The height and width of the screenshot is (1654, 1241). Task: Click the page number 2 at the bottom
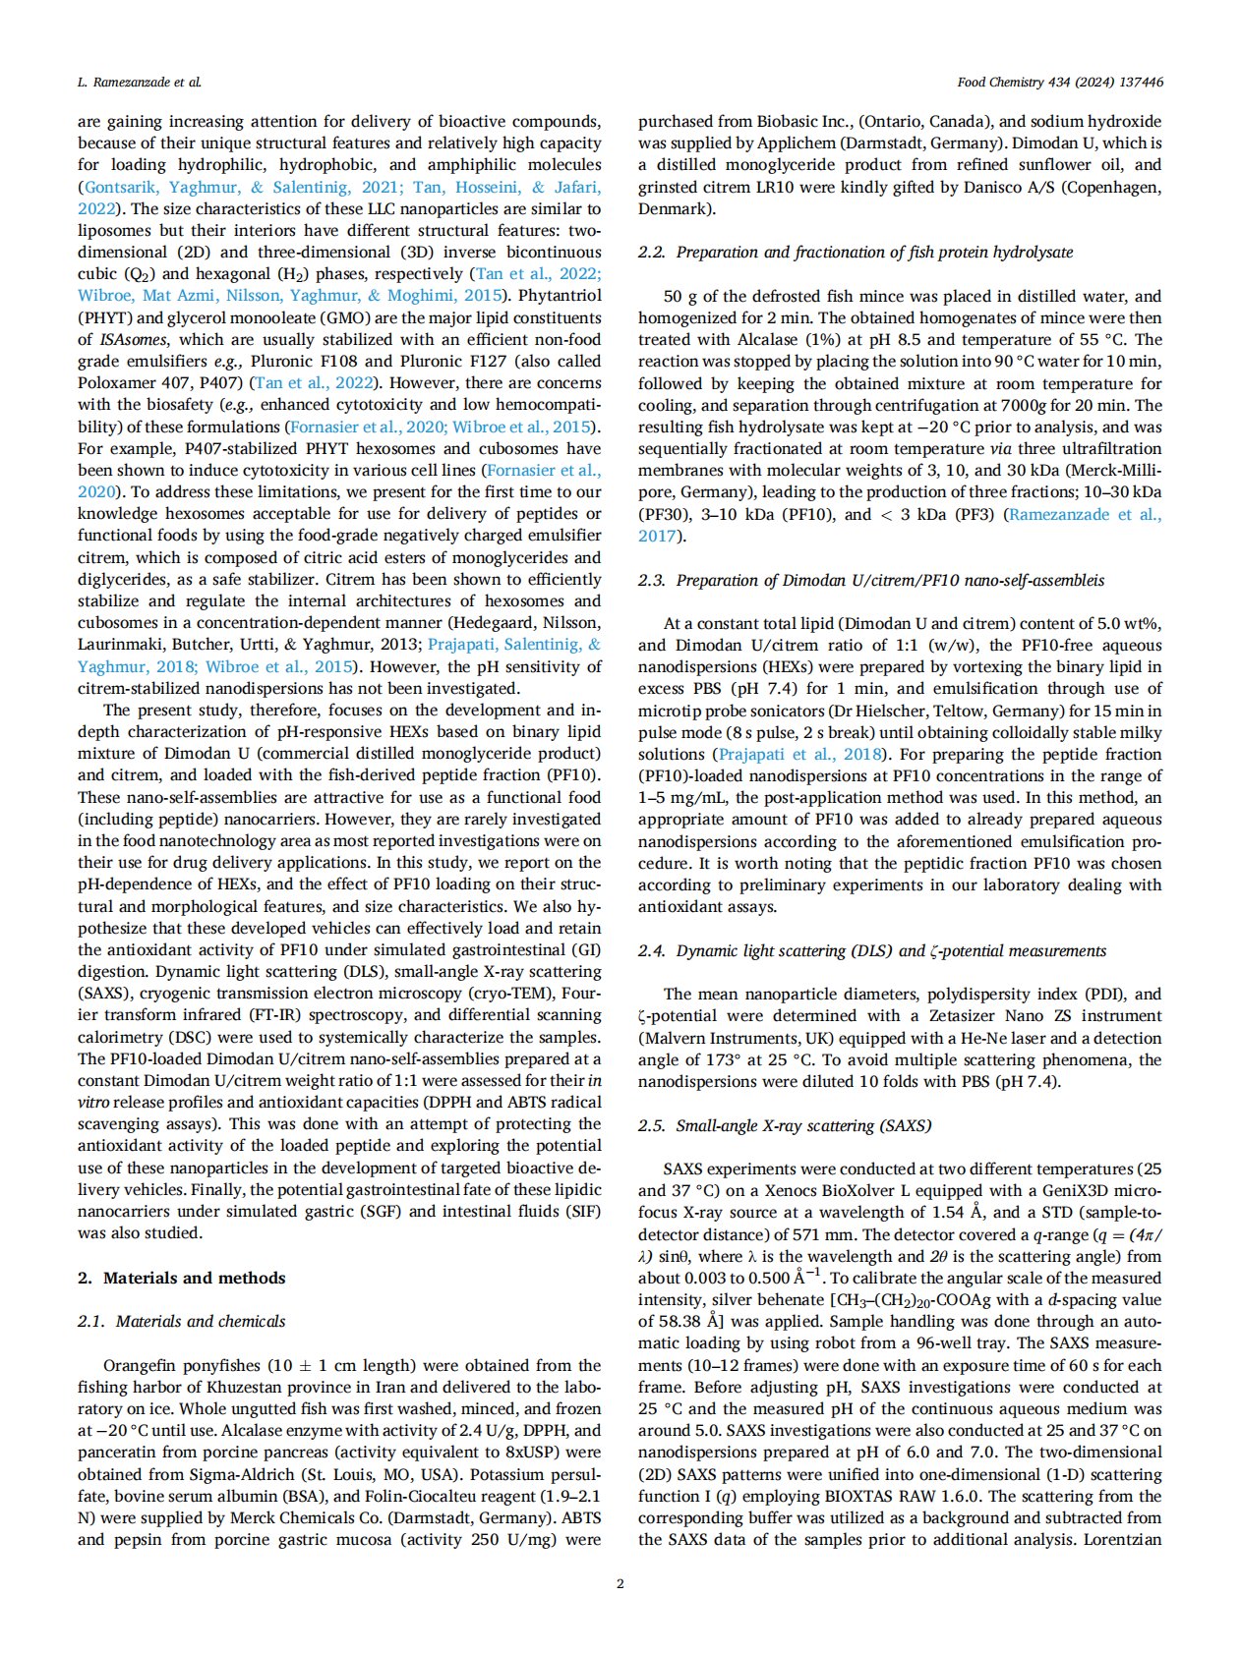(x=620, y=1583)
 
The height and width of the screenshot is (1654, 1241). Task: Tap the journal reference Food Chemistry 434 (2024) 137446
(x=1060, y=83)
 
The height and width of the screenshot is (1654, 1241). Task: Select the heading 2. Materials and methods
(x=182, y=1278)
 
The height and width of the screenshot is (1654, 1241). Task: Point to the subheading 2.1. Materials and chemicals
(x=182, y=1321)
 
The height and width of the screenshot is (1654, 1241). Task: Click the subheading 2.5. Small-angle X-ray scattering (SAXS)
(x=785, y=1125)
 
